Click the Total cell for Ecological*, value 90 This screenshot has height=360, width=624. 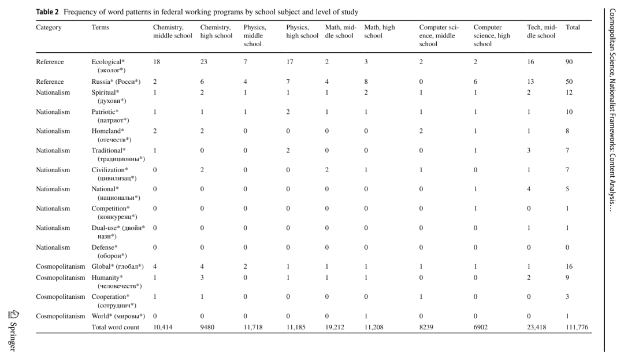(x=569, y=62)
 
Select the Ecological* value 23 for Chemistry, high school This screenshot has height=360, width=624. (x=204, y=62)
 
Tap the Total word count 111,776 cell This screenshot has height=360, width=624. (x=577, y=327)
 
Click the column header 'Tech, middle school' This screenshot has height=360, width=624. (x=541, y=31)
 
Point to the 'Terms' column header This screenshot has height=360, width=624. (x=101, y=27)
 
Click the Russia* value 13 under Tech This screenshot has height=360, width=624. (x=530, y=81)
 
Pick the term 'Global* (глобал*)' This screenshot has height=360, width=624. (x=117, y=266)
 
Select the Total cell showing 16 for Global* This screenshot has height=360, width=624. (x=569, y=266)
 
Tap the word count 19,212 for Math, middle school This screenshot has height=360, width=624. (x=335, y=327)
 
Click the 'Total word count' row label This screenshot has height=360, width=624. (x=116, y=327)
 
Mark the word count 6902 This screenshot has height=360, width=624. (x=480, y=327)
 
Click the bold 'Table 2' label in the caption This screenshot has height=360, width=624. (x=47, y=12)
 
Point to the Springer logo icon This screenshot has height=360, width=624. (x=13, y=315)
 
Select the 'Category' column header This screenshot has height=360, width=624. (x=49, y=27)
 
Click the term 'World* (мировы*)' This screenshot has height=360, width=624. (x=118, y=316)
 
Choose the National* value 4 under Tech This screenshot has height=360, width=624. (x=529, y=189)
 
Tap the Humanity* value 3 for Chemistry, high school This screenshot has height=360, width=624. (x=202, y=277)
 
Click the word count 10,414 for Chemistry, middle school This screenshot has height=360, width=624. (x=162, y=327)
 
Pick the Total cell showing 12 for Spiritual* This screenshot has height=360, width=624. (x=569, y=92)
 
